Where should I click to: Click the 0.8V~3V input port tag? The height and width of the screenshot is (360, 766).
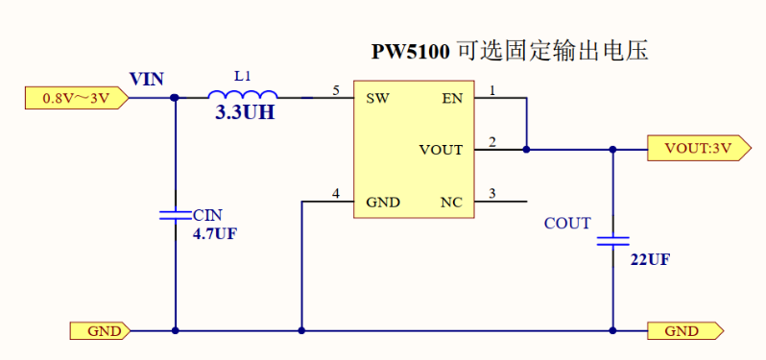pyautogui.click(x=73, y=96)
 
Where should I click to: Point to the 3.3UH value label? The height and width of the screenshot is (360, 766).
pyautogui.click(x=244, y=113)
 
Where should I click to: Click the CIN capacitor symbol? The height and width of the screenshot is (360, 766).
pyautogui.click(x=175, y=216)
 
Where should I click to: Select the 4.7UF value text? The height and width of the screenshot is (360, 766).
pyautogui.click(x=214, y=233)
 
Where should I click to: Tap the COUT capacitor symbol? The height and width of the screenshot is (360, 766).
pyautogui.click(x=612, y=240)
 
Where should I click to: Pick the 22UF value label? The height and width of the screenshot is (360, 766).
pyautogui.click(x=650, y=260)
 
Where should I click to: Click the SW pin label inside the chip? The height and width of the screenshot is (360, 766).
pyautogui.click(x=376, y=97)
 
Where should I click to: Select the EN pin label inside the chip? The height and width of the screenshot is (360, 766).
pyautogui.click(x=451, y=97)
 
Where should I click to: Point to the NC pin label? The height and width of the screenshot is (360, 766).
pyautogui.click(x=451, y=203)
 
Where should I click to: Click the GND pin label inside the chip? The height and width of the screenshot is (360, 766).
pyautogui.click(x=383, y=203)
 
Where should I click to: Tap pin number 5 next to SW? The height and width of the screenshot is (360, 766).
pyautogui.click(x=335, y=90)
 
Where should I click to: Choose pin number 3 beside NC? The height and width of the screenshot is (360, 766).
pyautogui.click(x=492, y=195)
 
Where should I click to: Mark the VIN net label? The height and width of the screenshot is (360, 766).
pyautogui.click(x=147, y=79)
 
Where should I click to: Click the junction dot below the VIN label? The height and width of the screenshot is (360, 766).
pyautogui.click(x=175, y=96)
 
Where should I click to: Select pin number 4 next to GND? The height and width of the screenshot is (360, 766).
pyautogui.click(x=335, y=195)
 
